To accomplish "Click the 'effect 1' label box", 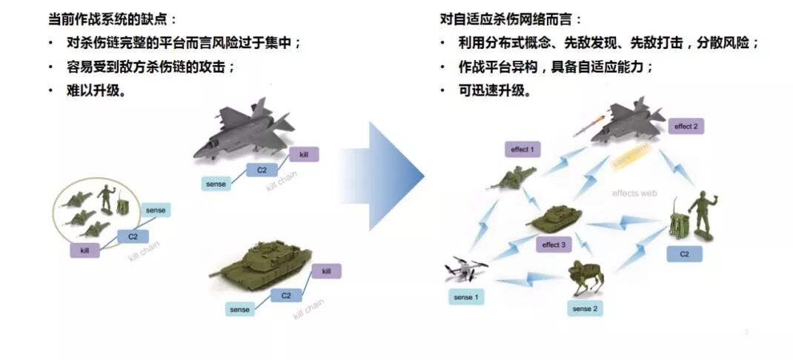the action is coord(522,149).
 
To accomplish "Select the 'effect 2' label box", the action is coord(686,126).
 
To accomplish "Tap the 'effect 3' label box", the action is coord(554,244).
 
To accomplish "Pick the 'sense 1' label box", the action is coord(466,297).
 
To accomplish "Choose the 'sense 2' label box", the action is coord(585,308).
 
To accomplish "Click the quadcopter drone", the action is coord(466,271).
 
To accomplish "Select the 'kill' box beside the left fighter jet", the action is coord(303,154).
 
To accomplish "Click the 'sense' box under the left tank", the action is coord(239,309).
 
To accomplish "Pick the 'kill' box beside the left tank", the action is coord(326,271).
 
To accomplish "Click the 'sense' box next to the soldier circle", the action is coord(156,210).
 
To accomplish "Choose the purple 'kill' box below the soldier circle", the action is coord(85,250).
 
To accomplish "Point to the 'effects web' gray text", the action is coord(634,193).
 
